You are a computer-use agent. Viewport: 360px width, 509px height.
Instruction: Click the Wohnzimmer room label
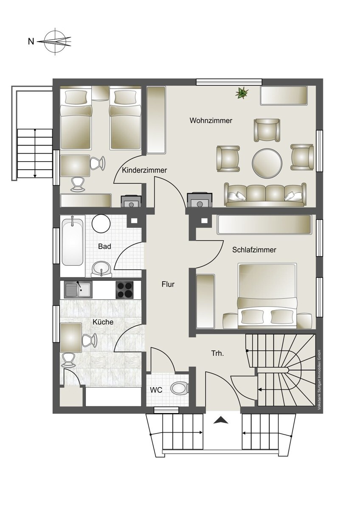211,120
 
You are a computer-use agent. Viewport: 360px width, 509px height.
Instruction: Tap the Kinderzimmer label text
144,170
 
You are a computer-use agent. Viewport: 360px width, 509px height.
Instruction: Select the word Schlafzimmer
254,250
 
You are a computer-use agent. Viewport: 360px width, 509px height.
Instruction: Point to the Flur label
168,284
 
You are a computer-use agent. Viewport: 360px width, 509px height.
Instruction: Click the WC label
156,390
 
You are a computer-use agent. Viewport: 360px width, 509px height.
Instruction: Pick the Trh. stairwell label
218,353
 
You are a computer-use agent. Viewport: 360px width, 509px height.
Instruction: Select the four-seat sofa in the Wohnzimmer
265,195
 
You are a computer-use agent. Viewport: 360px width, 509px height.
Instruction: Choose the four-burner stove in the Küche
124,290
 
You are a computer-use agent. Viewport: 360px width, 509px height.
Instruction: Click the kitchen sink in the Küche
78,289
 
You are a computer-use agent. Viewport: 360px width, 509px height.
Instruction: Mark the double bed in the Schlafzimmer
267,296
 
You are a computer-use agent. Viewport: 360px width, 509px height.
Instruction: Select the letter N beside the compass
31,42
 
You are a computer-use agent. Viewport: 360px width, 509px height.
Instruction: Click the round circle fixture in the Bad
101,224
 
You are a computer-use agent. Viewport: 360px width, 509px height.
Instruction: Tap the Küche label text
103,322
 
